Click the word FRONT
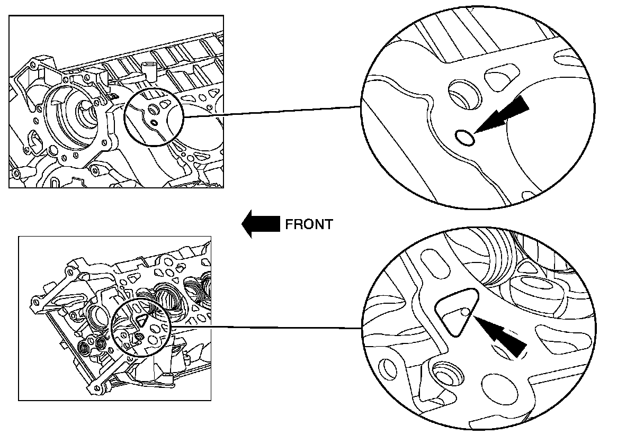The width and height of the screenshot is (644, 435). tap(309, 224)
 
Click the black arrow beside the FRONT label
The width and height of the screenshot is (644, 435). tap(260, 224)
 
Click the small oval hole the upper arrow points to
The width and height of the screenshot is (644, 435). tap(465, 138)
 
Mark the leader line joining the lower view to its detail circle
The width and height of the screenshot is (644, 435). tap(265, 327)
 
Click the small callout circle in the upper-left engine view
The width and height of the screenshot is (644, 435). tap(153, 116)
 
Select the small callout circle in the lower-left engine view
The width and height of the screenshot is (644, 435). tap(141, 328)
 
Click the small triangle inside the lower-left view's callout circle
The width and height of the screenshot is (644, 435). tap(141, 320)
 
